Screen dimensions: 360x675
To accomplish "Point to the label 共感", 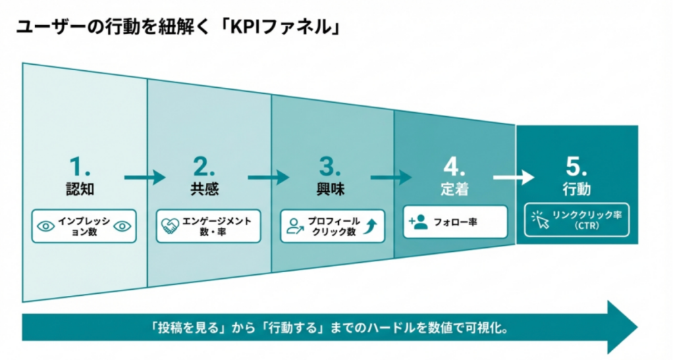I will click(x=205, y=190).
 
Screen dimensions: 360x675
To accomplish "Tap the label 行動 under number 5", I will click(x=577, y=188).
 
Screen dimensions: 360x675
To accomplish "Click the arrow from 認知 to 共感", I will click(x=144, y=178).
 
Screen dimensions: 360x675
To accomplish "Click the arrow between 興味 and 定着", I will click(x=391, y=178).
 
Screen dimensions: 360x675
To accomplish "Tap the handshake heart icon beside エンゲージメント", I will click(x=169, y=226).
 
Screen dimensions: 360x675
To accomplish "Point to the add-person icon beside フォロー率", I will click(x=418, y=222).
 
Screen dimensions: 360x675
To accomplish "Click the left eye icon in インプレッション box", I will click(x=45, y=226).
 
